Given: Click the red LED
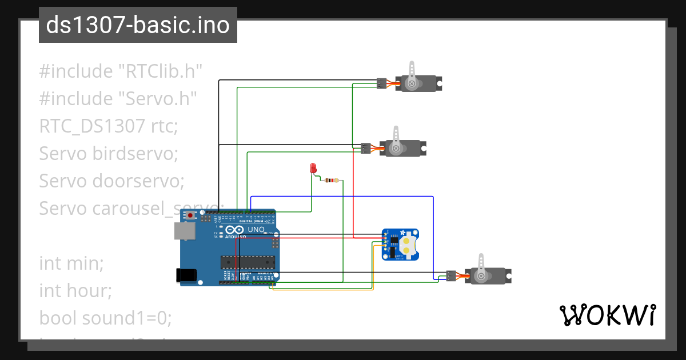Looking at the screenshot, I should click(x=313, y=168).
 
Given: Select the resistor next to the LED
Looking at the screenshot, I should click(x=330, y=181).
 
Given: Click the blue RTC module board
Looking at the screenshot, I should click(x=400, y=245).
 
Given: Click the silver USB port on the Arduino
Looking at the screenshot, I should click(x=185, y=230).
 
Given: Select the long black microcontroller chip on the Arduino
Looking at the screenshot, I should click(x=248, y=262).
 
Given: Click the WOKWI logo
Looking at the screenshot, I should click(x=607, y=315).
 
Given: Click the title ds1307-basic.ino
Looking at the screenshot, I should click(x=138, y=25).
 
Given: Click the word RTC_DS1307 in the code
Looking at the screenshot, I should click(x=91, y=126).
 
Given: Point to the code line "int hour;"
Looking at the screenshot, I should click(x=75, y=291).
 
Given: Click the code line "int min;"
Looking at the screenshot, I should click(x=71, y=263).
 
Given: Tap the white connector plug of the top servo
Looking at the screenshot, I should click(x=382, y=83).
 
